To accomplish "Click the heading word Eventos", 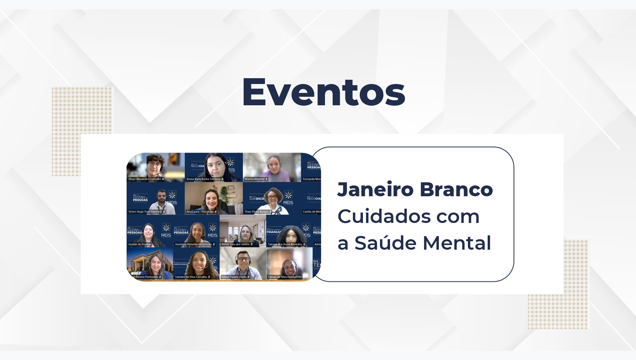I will coord(323,92).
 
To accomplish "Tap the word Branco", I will coord(456,190).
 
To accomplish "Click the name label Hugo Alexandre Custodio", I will coord(145,179).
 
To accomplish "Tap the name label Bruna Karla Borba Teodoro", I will coord(203,179).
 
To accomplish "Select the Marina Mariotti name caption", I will coord(254,179).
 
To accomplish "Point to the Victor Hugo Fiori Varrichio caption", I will coord(145,212).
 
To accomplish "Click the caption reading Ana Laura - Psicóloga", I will coord(200,212).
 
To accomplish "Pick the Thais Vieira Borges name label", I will coord(256,212).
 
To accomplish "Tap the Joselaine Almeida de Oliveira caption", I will coord(193,244).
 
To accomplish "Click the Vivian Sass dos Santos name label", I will coord(235,244).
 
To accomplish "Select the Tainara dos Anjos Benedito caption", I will coord(285,244).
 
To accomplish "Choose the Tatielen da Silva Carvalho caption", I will coord(191,277).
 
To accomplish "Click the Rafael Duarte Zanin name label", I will coord(234,277).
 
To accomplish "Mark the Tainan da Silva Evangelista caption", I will coord(285,277).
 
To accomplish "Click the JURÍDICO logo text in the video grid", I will coord(256,199).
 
